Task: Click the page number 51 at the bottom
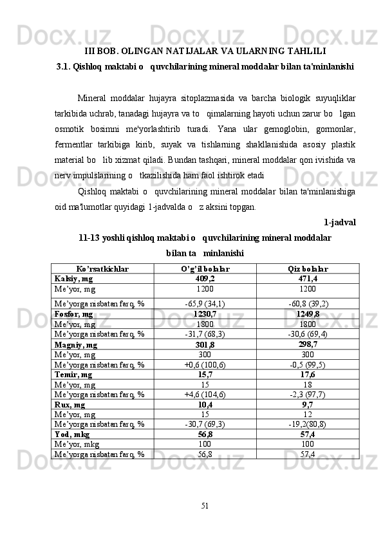205,505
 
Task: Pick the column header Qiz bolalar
308,268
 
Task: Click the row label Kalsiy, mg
73,279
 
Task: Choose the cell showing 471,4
308,279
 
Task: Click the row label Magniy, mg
76,344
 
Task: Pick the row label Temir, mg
73,374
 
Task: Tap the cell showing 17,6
308,374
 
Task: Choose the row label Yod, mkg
72,434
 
